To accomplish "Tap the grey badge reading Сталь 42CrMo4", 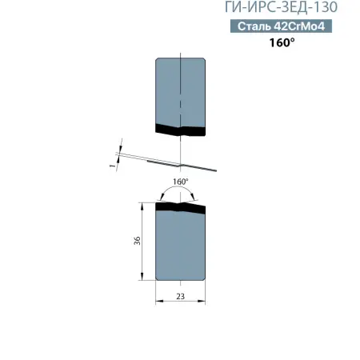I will [284, 26].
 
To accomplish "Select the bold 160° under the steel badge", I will [282, 42].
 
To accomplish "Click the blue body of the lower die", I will [180, 248].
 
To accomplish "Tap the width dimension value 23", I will [181, 295].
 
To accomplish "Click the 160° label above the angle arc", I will [181, 182].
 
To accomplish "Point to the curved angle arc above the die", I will [181, 190].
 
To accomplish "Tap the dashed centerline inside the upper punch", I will [183, 88].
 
